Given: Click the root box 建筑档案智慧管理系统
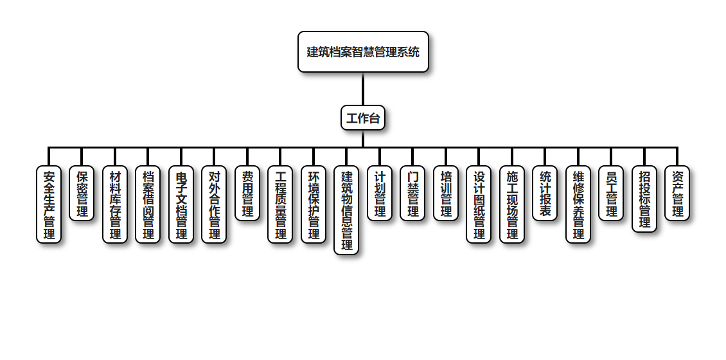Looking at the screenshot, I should coord(363,51).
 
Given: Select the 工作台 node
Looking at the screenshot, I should coord(363,118).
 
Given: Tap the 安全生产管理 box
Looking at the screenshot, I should coord(49,204).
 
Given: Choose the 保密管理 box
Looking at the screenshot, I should coord(82,194).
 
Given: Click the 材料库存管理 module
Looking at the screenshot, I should coord(115,204).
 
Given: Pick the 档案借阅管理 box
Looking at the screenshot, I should coord(148,204).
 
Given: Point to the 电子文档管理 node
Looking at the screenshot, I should coord(181,204).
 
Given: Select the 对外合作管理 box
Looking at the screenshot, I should coord(214,204).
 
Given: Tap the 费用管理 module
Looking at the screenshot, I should coord(247,194).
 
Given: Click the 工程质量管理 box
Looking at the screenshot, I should coord(280,204).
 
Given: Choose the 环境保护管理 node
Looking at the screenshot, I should coord(314,204).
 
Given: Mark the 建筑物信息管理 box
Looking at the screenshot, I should coord(346,210).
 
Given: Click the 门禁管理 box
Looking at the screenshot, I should coord(412,194).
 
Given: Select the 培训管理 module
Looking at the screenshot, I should coord(446,194).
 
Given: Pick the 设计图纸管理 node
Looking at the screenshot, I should coord(479,204).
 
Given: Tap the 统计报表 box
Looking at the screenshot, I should coord(545,194).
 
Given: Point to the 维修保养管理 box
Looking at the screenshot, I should coord(578,204).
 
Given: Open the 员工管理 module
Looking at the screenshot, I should coord(611,194).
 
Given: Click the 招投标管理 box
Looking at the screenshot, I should coord(644,199).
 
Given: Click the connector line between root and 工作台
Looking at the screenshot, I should coord(363,89).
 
